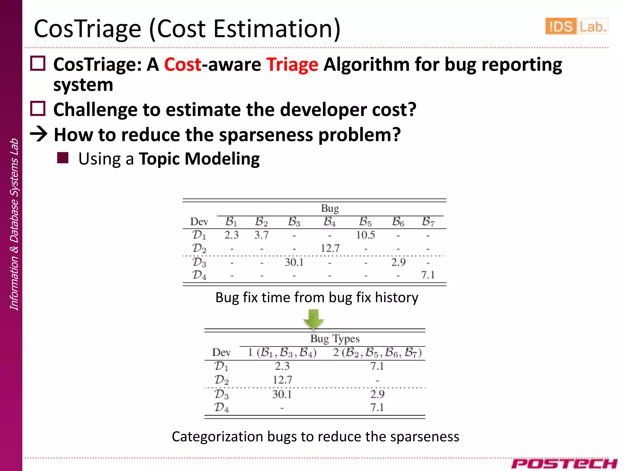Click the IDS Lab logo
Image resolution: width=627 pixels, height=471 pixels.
pos(576,26)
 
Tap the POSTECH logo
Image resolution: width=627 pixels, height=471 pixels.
pos(564,463)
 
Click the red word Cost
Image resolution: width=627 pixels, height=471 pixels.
pos(183,65)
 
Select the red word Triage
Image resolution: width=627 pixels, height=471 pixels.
pos(292,65)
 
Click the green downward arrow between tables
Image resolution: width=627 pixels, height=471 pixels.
pos(313,319)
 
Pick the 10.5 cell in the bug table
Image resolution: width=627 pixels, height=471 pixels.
pos(365,235)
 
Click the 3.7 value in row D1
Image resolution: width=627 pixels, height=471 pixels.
pos(261,235)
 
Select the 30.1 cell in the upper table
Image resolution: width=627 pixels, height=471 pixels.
pos(294,262)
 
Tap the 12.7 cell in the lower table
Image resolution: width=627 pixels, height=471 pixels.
pos(282,380)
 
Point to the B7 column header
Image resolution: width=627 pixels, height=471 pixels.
pos(428,221)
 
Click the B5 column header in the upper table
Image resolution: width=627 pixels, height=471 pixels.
pos(365,221)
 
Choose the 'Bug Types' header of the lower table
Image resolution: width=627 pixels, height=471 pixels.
pos(335,339)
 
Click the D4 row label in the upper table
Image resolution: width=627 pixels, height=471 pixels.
pos(199,275)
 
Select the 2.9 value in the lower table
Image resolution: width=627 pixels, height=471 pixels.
pos(377,394)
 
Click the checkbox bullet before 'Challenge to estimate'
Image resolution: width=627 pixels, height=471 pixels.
pos(38,109)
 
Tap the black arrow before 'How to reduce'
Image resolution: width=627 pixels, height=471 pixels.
pos(39,134)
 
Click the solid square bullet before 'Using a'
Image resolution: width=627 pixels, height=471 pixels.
pos(63,158)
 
